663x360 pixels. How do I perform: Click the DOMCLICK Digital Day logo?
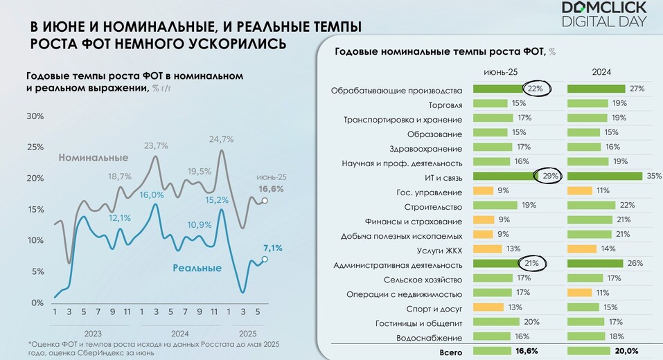603,14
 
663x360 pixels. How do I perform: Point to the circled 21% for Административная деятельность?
532,263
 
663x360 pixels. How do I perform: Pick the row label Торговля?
445,105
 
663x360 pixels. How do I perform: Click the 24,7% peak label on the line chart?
221,139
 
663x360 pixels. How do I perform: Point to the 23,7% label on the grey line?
156,145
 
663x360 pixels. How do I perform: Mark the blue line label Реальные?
197,268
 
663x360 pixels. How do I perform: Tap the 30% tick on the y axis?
35,116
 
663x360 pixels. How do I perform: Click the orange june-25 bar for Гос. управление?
483,190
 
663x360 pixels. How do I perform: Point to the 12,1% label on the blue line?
120,217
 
